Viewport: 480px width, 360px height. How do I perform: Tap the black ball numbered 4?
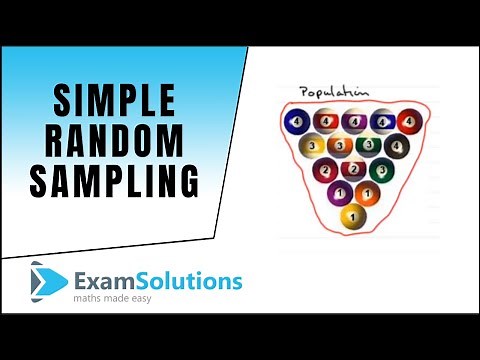pyautogui.click(x=395, y=146)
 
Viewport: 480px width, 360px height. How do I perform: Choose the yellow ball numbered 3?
pyautogui.click(x=311, y=146)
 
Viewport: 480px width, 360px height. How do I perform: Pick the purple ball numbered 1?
pyautogui.click(x=339, y=193)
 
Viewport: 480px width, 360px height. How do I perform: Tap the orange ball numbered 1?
pyautogui.click(x=366, y=193)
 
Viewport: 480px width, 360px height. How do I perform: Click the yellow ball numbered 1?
pyautogui.click(x=352, y=216)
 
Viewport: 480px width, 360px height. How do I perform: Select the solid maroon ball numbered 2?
pyautogui.click(x=325, y=170)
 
